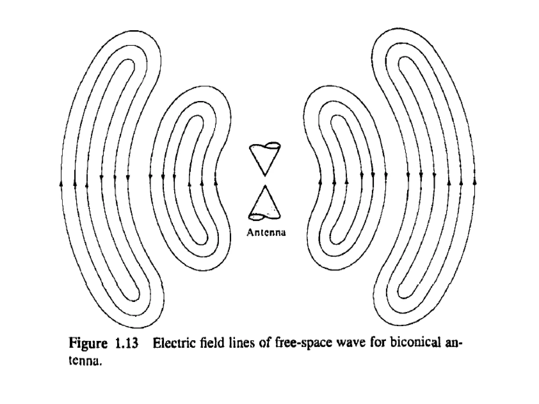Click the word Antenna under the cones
266,233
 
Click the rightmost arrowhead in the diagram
475,181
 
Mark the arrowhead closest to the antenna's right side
320,181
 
